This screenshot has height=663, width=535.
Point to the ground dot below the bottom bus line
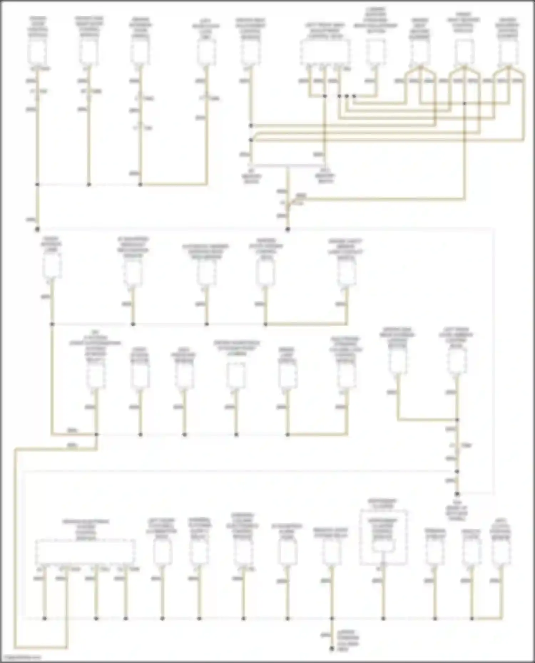(332, 649)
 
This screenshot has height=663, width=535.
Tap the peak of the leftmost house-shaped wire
(420, 67)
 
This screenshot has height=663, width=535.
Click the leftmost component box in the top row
(37, 52)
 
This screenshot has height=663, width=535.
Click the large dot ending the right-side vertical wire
(457, 494)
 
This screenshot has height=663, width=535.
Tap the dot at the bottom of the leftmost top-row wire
(37, 229)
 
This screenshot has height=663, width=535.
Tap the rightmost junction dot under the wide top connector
(354, 96)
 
